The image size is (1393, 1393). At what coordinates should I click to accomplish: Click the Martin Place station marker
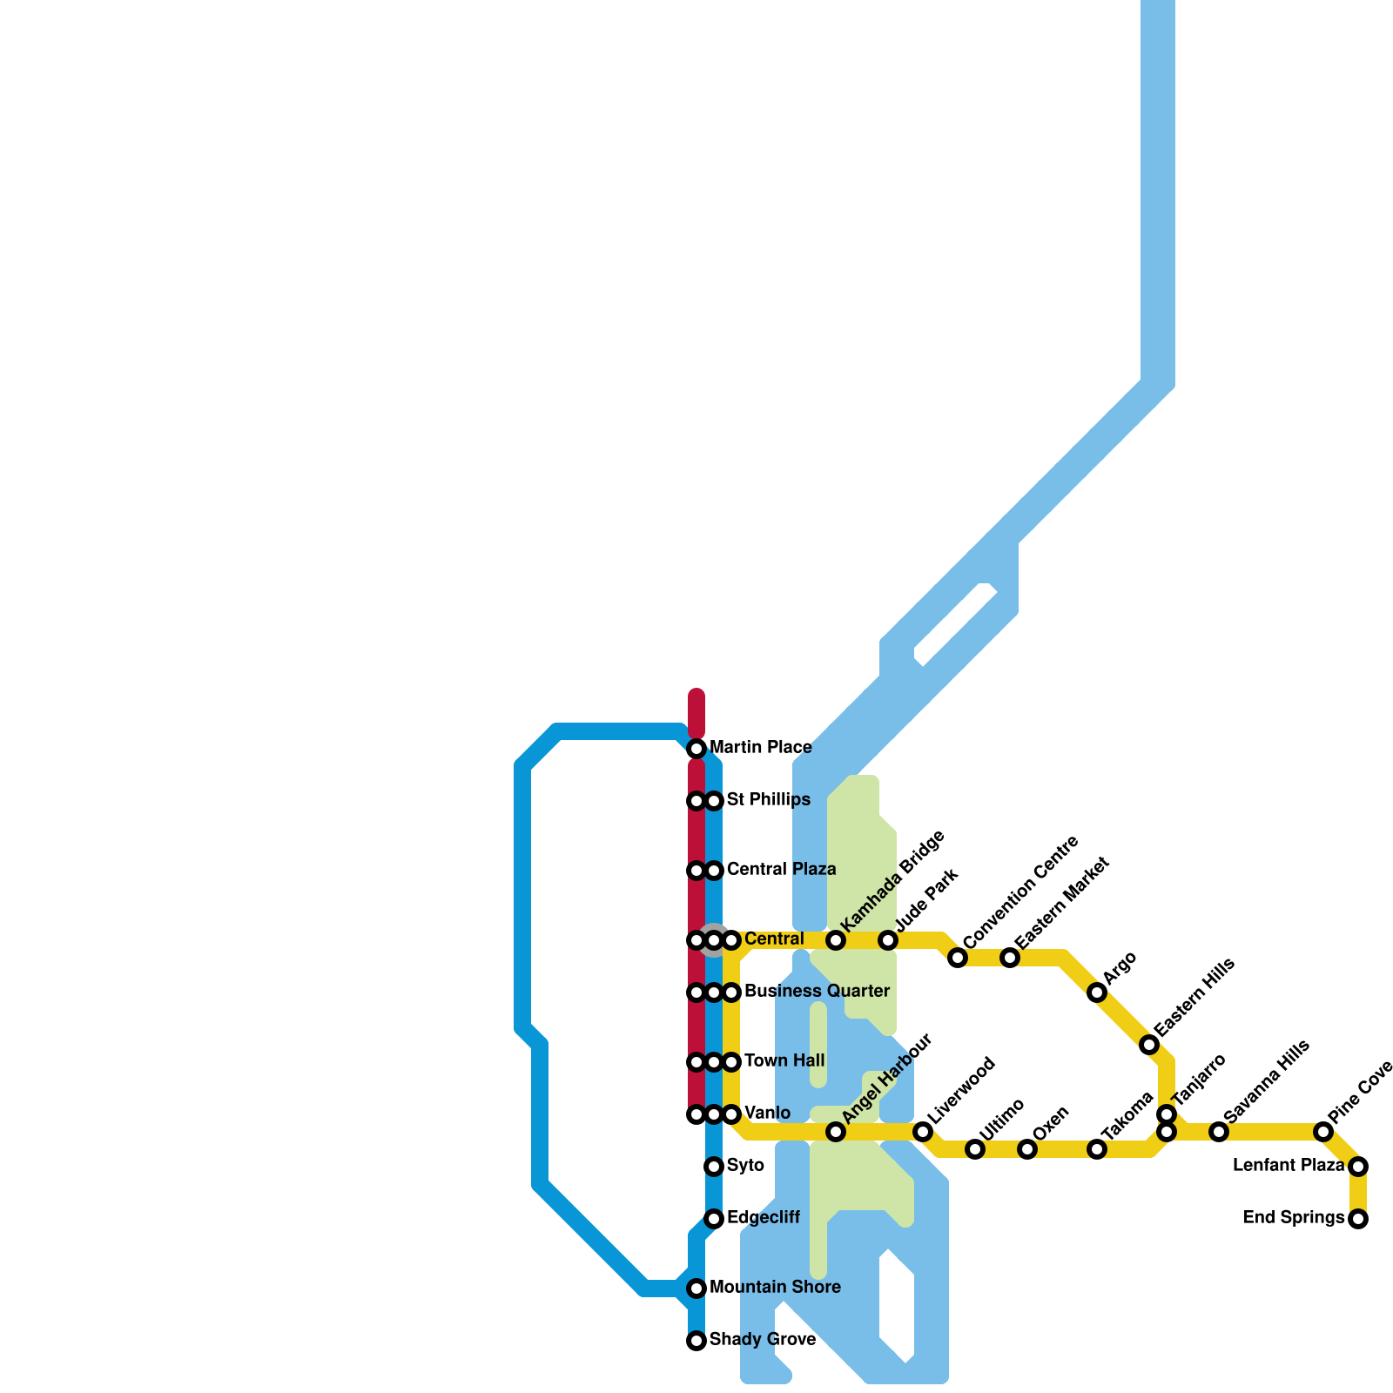click(x=696, y=749)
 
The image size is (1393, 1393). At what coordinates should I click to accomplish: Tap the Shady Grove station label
click(x=762, y=1340)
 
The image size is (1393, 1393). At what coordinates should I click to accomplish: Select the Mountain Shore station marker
click(x=696, y=1289)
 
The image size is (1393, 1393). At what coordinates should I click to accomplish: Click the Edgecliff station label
click(x=763, y=1218)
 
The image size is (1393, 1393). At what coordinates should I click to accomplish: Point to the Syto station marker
click(x=714, y=1167)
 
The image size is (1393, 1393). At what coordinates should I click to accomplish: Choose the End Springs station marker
click(x=1358, y=1219)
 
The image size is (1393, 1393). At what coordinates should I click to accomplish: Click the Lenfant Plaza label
click(x=1289, y=1166)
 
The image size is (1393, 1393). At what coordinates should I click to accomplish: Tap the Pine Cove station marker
click(x=1323, y=1132)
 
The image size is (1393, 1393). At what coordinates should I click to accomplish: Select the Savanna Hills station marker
click(x=1219, y=1132)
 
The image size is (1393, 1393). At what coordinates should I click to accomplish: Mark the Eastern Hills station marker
click(x=1149, y=1045)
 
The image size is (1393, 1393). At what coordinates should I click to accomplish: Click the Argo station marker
click(x=1097, y=993)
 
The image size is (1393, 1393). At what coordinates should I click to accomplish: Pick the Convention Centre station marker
click(x=958, y=958)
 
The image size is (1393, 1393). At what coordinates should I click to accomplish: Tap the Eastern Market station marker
click(x=1010, y=958)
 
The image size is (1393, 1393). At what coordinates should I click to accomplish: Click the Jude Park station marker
click(x=888, y=940)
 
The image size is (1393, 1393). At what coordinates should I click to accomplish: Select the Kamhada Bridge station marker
click(x=836, y=940)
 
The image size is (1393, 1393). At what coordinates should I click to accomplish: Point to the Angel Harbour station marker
click(x=836, y=1132)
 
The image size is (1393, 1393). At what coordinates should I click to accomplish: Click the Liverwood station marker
click(x=923, y=1132)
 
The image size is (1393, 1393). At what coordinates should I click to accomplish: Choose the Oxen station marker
click(x=1027, y=1149)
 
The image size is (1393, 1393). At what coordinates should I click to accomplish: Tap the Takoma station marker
click(x=1097, y=1149)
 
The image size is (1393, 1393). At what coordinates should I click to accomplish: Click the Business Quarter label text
click(x=817, y=992)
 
